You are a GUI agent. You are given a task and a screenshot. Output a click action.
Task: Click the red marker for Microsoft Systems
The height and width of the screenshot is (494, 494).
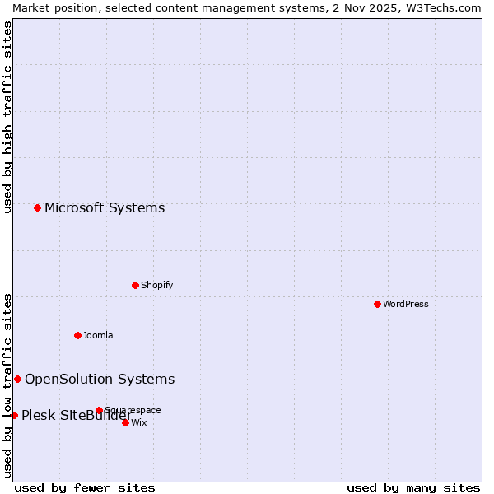[37, 207]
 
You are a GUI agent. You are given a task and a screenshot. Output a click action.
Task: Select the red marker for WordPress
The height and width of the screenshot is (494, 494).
[377, 304]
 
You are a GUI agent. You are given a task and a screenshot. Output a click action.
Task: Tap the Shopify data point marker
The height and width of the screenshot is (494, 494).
[135, 285]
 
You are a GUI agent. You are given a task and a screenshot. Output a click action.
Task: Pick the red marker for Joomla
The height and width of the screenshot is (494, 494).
[77, 335]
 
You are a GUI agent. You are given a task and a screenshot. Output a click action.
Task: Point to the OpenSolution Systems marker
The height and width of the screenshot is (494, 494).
[17, 379]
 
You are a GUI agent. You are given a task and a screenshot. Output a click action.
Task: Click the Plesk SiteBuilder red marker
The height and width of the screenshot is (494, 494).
[14, 415]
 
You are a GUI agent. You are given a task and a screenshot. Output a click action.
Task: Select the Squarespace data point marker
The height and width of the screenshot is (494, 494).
[99, 410]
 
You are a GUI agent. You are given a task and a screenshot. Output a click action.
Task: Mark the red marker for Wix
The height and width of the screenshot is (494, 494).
[125, 422]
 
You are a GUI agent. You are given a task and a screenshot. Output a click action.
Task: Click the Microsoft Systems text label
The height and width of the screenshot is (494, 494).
[105, 207]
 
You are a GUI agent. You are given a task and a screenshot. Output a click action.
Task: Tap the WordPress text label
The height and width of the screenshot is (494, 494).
[406, 304]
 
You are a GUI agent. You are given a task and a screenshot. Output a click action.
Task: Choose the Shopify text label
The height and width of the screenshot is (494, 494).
[156, 285]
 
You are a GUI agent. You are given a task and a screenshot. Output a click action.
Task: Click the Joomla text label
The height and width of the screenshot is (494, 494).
[98, 335]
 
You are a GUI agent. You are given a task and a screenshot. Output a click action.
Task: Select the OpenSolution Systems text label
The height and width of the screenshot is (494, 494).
[100, 379]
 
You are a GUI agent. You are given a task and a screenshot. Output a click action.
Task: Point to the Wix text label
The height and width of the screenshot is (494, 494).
[139, 422]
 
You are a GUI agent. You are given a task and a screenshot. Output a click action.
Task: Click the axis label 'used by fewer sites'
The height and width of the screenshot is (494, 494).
[85, 487]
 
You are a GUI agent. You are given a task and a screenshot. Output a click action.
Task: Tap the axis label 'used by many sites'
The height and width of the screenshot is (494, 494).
[413, 487]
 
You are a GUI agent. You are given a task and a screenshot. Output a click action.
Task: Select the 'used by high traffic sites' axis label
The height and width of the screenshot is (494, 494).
[7, 117]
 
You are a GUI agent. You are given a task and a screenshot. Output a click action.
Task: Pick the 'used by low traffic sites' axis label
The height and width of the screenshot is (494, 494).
[7, 385]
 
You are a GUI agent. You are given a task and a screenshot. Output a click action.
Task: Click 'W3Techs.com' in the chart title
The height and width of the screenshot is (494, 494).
[441, 7]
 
